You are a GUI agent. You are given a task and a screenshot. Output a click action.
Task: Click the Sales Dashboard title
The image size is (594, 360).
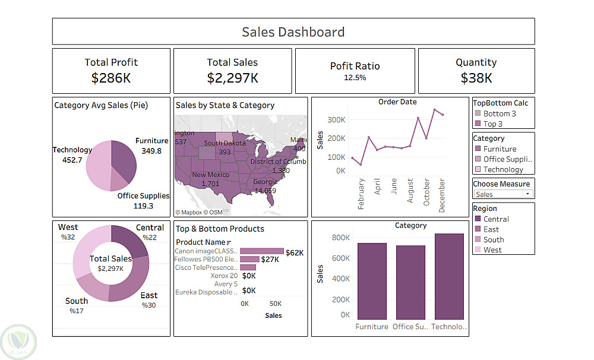pyautogui.click(x=293, y=32)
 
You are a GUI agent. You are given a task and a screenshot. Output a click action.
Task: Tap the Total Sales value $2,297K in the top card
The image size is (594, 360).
pyautogui.click(x=232, y=78)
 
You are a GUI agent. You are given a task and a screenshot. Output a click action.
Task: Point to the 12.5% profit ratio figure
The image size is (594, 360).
pyautogui.click(x=355, y=77)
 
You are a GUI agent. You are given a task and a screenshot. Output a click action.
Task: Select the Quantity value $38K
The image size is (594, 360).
pyautogui.click(x=476, y=78)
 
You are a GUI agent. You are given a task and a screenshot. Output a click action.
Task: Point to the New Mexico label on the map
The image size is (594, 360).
pyautogui.click(x=211, y=175)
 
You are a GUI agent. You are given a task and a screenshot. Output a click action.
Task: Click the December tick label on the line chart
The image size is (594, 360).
pyautogui.click(x=442, y=195)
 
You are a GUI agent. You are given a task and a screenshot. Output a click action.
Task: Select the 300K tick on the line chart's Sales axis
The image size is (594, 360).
pyautogui.click(x=336, y=120)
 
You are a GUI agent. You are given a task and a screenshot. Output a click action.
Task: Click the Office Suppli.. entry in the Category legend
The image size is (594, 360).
pyautogui.click(x=507, y=159)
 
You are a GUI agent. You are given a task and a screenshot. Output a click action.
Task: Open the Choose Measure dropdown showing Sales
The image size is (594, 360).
pyautogui.click(x=503, y=194)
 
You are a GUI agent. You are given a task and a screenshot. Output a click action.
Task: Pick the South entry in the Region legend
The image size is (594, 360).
pyautogui.click(x=493, y=239)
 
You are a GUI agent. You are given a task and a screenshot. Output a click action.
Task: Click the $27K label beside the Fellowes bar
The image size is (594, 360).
pyautogui.click(x=270, y=260)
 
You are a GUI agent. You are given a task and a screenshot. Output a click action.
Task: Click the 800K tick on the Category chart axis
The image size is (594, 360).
pyautogui.click(x=340, y=238)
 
